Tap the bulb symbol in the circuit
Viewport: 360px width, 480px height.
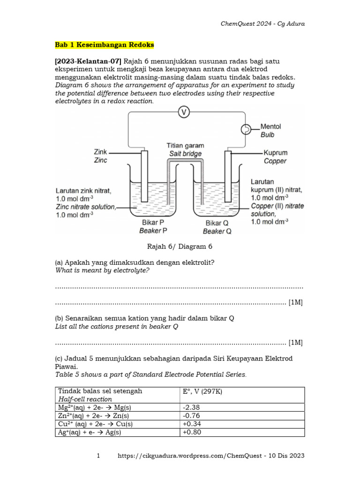245,129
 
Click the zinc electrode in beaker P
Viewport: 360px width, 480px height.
144,176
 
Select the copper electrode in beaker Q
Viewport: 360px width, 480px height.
228,176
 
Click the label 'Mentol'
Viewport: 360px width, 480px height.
270,127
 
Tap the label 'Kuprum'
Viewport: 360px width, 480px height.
276,153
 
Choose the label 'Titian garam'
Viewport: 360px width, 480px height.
185,146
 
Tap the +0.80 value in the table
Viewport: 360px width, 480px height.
193,432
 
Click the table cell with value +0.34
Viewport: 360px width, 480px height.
193,424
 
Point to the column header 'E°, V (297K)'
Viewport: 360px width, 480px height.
202,391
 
